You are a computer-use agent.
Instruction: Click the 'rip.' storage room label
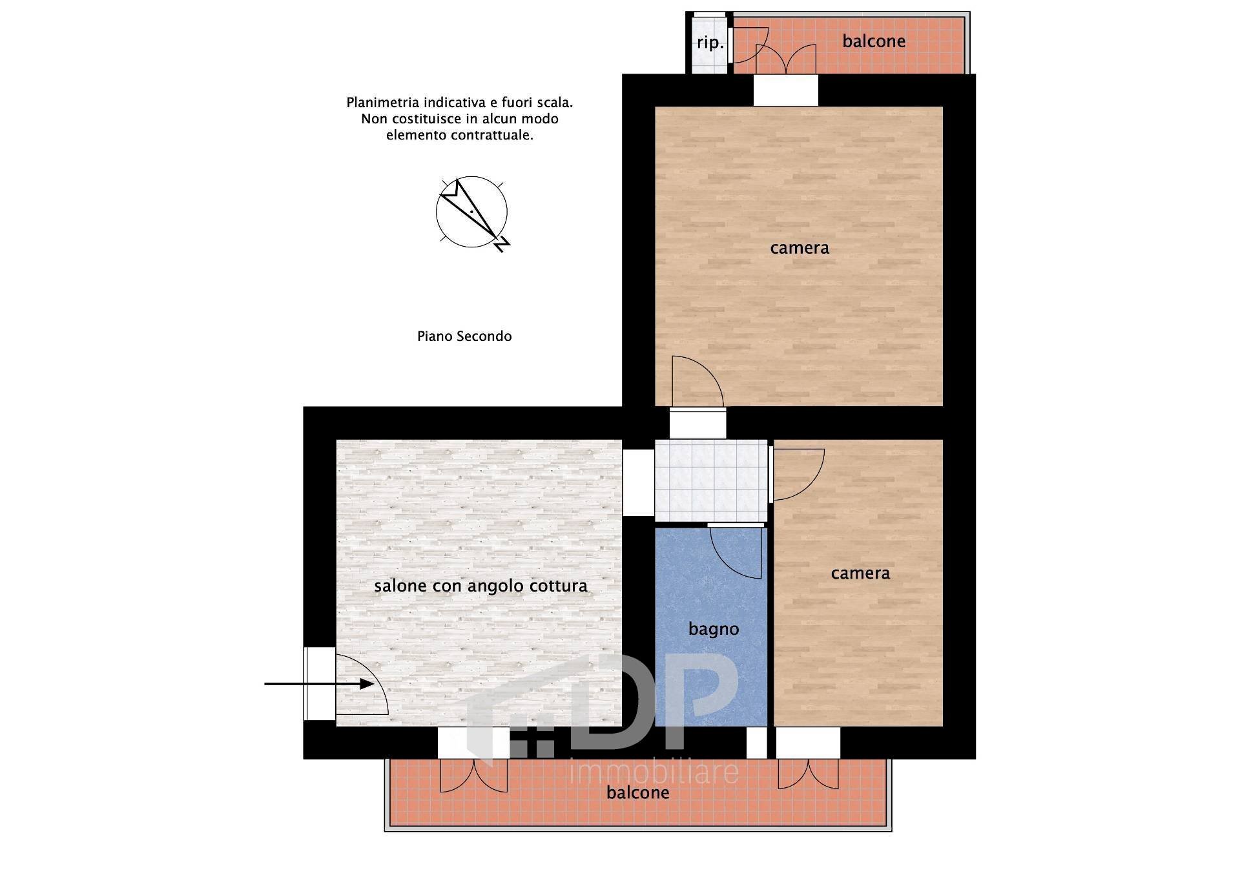(710, 43)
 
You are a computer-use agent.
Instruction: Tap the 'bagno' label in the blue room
(714, 629)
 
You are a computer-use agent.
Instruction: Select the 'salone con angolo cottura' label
(481, 586)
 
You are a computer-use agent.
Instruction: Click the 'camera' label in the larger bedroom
(800, 247)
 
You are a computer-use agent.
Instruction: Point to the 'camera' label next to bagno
(860, 573)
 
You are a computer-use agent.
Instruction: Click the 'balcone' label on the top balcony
(874, 41)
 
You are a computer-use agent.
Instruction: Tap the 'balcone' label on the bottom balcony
(638, 792)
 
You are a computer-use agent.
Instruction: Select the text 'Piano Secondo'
(464, 336)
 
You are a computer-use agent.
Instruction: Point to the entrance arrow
(319, 683)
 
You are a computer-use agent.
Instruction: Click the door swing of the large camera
(697, 382)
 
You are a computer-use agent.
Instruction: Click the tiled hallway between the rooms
(711, 480)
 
